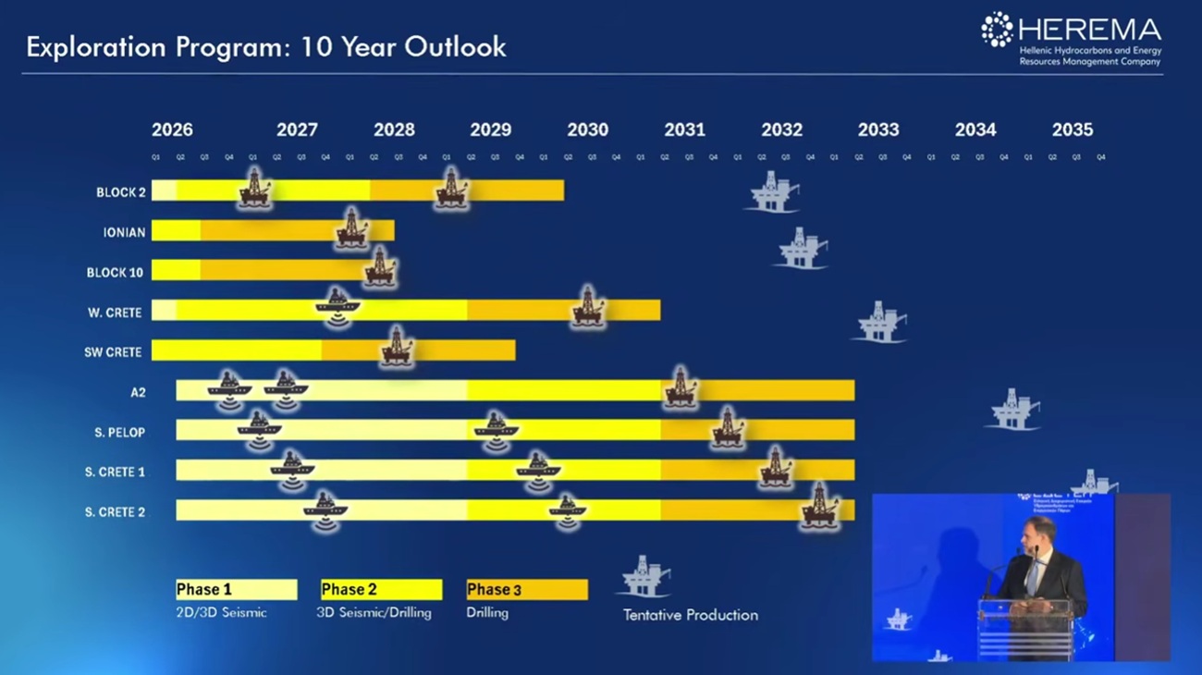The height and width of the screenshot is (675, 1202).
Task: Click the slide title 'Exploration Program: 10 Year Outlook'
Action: [266, 47]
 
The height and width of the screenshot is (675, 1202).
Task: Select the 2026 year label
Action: [172, 130]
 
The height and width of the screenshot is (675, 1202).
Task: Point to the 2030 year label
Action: [587, 130]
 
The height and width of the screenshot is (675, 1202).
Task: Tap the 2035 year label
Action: [1072, 130]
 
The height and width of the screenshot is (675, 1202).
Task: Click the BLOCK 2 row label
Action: [121, 192]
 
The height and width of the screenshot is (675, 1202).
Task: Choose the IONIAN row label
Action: [124, 232]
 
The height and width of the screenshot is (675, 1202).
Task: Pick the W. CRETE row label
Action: [115, 313]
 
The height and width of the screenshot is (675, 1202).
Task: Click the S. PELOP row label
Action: [119, 432]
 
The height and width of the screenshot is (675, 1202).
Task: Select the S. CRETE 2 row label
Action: [115, 511]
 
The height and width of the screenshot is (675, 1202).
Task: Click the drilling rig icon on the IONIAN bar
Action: [351, 227]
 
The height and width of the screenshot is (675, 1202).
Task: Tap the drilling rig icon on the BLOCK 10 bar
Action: [379, 267]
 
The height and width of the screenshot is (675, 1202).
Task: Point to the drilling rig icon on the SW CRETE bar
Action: [397, 347]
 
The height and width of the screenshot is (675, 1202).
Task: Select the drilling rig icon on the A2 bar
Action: [681, 387]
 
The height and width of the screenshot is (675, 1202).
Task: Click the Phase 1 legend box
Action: [237, 590]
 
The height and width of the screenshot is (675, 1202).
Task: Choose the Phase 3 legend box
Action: [527, 590]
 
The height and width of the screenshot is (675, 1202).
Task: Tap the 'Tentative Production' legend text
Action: [690, 615]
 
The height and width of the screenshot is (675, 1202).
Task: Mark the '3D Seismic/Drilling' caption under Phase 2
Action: [374, 612]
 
